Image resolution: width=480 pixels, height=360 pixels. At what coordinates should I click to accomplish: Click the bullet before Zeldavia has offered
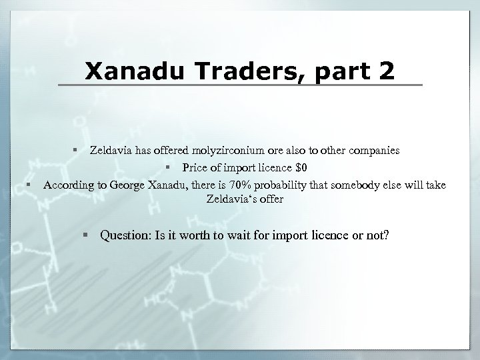[77, 151]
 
